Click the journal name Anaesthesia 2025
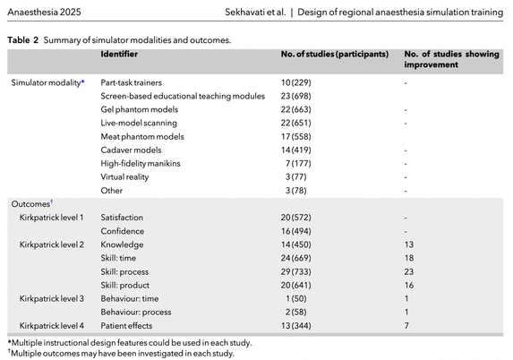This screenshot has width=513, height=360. tap(44, 13)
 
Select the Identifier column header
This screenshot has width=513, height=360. tap(119, 54)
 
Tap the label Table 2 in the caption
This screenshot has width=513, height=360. tap(23, 40)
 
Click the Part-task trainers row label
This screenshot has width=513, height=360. tap(132, 82)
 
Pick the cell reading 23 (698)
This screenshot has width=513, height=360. tap(295, 96)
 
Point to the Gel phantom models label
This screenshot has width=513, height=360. tap(140, 109)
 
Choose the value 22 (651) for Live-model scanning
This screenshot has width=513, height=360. tap(295, 123)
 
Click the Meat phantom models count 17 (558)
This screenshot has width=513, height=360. tap(295, 136)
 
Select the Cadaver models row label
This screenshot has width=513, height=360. tap(131, 150)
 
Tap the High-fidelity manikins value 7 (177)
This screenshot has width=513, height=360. tap(298, 163)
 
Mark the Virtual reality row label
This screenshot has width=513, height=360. tap(124, 177)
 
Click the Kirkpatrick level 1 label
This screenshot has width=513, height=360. tap(51, 218)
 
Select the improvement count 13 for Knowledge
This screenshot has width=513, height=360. tap(409, 244)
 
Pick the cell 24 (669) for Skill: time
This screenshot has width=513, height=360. tap(295, 258)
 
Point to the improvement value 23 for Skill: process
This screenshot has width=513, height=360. tap(409, 271)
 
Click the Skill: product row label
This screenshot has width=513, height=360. tap(125, 285)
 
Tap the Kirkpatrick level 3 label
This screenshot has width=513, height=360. tap(52, 298)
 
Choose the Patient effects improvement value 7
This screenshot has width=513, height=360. tap(406, 326)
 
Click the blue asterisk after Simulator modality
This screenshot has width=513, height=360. tap(82, 81)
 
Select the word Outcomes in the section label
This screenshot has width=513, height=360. tap(30, 204)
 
